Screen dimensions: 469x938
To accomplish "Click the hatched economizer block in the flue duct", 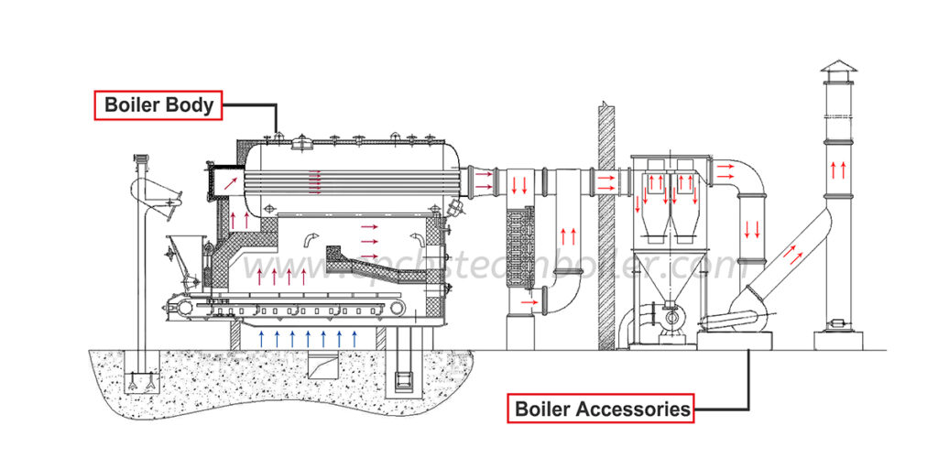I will pos(525,243).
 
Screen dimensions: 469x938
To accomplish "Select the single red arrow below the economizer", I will pos(527,300).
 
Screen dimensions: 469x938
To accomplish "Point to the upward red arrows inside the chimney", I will pos(835,169).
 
